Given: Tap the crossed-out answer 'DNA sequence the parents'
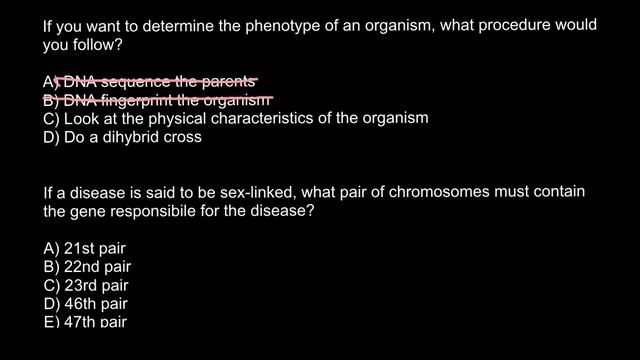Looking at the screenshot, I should [150, 81].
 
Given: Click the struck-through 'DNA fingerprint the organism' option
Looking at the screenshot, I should [157, 100].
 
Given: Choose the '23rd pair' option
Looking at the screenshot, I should [86, 285].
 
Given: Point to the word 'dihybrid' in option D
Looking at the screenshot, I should [133, 137].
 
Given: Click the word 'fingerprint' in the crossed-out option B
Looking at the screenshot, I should [143, 100].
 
